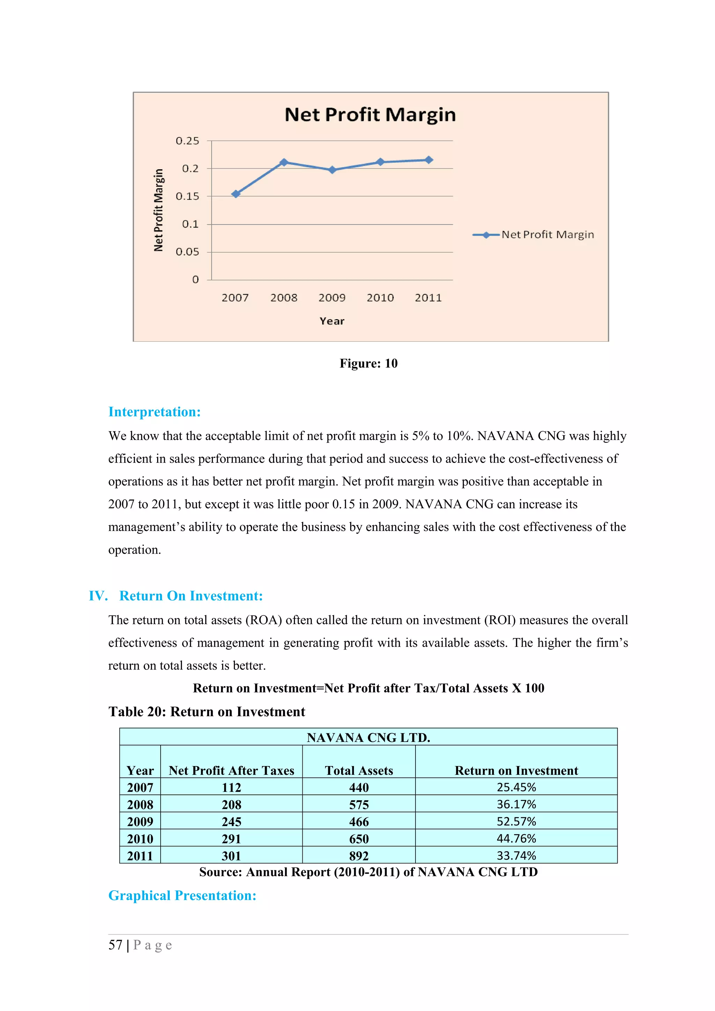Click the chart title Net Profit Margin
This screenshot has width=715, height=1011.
[370, 114]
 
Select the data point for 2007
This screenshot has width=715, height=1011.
[236, 194]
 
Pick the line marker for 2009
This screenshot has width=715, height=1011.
[332, 170]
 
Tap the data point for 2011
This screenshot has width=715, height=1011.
[429, 160]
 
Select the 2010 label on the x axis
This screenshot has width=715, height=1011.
[380, 298]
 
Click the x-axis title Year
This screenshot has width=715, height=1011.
[332, 321]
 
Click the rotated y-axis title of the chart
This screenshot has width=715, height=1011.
[159, 210]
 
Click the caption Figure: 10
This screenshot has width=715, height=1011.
[368, 363]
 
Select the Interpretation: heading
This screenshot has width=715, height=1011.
[155, 412]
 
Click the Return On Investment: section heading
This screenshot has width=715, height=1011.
[191, 596]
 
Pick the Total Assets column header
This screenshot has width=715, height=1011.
[359, 770]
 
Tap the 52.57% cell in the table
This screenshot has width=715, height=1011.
[516, 821]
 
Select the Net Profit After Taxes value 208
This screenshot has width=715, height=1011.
[231, 804]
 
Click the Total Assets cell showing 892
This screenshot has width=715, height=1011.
[359, 855]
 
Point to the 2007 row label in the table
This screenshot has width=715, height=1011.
[140, 787]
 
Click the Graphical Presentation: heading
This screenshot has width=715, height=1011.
[182, 895]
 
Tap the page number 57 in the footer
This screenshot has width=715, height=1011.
[116, 945]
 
